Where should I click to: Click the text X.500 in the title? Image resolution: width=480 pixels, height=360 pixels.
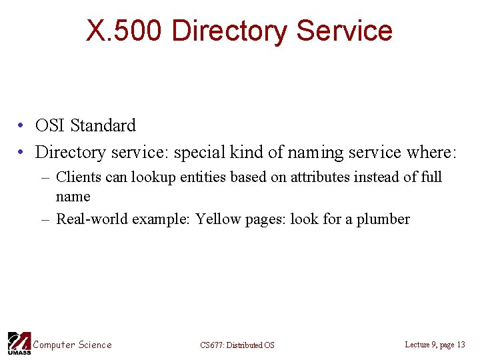click(124, 31)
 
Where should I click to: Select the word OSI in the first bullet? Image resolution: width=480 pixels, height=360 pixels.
click(50, 125)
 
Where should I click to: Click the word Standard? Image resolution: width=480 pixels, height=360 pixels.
click(103, 125)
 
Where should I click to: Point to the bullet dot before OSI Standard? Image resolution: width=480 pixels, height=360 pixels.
click(22, 126)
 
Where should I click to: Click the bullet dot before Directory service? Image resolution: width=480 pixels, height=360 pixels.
click(22, 153)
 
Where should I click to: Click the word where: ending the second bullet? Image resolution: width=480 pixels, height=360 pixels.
click(431, 152)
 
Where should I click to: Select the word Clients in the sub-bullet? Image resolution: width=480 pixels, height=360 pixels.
click(77, 177)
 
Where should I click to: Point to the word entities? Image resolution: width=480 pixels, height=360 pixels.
click(202, 177)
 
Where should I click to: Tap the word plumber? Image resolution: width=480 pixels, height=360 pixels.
click(385, 219)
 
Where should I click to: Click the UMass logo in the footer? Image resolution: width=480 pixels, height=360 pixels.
click(17, 343)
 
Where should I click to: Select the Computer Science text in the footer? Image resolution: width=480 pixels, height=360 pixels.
click(72, 345)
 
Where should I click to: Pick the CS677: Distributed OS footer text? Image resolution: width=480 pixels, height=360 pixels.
click(237, 345)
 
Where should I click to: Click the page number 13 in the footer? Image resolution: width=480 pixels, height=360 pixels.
click(461, 345)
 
